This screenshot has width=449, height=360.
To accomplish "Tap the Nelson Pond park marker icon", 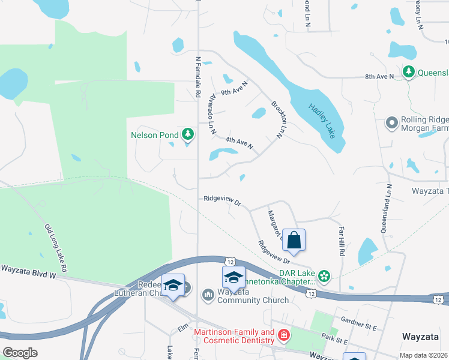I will (x=188, y=133).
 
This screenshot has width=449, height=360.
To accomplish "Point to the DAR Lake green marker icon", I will (x=324, y=276).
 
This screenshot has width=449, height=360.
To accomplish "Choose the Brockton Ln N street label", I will (x=280, y=119).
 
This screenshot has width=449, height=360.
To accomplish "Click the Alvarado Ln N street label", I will (x=211, y=113).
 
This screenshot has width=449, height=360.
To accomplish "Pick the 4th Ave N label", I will (x=240, y=143).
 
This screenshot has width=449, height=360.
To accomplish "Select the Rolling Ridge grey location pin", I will (x=392, y=123).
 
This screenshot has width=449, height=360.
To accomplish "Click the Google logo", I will (x=20, y=352).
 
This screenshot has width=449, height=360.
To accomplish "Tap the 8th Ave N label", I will (x=379, y=77).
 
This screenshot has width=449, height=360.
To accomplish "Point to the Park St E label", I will (x=334, y=340).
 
